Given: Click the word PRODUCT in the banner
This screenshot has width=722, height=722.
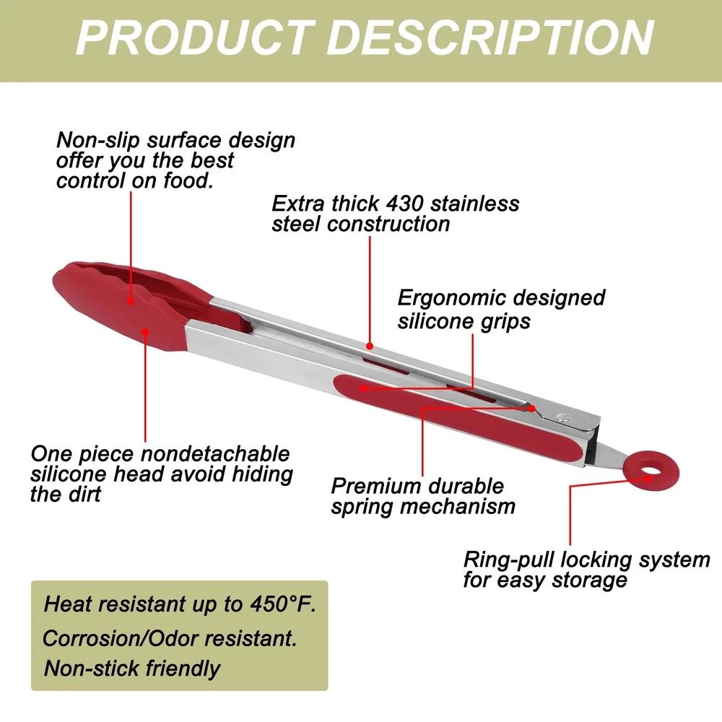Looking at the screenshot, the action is pos(193,38).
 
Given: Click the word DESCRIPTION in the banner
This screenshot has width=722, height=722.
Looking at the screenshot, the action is pos(491,38).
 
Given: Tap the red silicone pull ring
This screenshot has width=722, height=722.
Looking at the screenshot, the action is pos(651,471).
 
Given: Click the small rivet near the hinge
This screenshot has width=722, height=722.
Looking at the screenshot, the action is pos(562,417).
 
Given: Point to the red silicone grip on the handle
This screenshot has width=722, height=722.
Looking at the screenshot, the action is pos(458,417).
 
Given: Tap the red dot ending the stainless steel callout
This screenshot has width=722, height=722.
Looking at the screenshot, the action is pos(369,345).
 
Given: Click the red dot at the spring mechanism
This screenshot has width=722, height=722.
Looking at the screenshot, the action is pos(532,408).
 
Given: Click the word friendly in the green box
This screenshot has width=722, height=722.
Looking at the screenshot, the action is pos(183,669).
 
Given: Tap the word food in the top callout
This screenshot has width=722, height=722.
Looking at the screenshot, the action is pos(188,180).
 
